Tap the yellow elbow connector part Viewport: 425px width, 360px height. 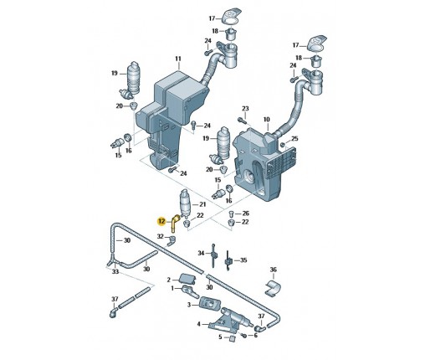coord(174,223)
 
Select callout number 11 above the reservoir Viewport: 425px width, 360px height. coord(177,59)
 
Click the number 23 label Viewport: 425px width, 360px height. coord(245,109)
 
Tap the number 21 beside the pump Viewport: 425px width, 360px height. coord(201,204)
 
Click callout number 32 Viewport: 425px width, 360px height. coord(160,238)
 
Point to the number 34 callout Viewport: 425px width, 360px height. coord(201,253)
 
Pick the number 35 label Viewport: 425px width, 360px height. coord(243,260)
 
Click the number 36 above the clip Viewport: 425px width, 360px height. coord(272,270)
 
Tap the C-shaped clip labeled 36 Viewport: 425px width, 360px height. coord(269,289)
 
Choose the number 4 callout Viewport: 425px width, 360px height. coord(198,324)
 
